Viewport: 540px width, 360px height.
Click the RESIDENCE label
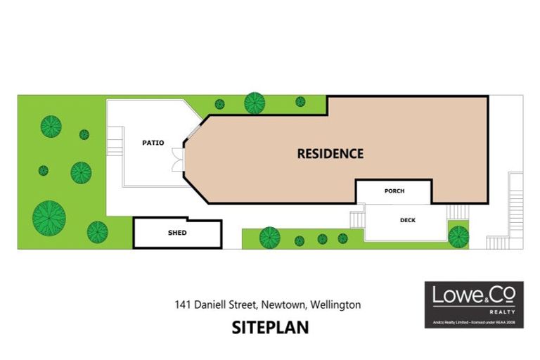330,153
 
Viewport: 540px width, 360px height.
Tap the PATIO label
153,143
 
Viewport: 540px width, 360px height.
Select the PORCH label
394,191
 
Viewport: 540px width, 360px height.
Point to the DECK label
407,220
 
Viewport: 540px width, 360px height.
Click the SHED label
177,233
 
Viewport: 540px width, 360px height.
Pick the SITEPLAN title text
270,328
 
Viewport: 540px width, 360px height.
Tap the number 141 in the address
184,305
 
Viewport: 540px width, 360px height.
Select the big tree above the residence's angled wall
255,103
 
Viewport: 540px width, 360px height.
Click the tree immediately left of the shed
98,231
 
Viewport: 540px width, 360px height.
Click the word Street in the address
245,305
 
